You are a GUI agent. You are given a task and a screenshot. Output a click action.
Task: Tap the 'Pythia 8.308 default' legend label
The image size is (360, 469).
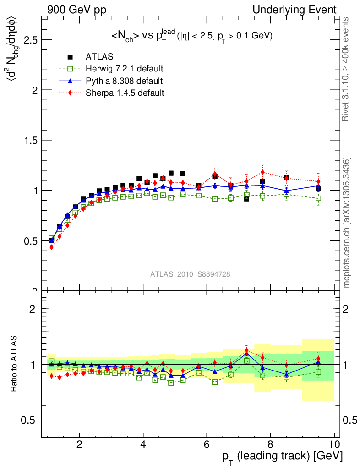(x=124, y=81)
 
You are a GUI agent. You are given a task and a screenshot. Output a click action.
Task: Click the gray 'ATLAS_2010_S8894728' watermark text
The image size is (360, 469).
(x=190, y=274)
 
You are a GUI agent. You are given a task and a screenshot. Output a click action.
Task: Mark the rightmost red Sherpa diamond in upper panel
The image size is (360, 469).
(x=318, y=181)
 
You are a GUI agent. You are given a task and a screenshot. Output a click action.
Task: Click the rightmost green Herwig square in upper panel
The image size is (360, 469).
(x=318, y=198)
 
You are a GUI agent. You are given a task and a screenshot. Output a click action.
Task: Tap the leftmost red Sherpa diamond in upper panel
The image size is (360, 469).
(x=51, y=247)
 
